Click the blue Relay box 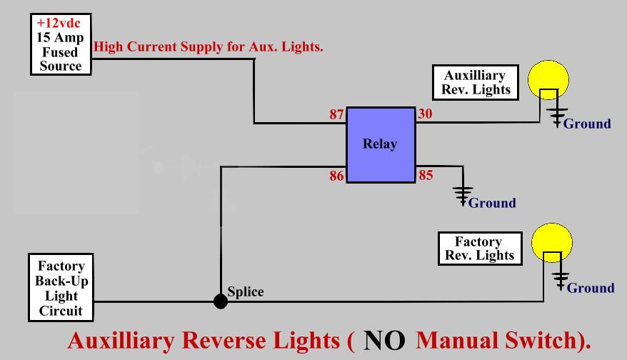tap(381, 144)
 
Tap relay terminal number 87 tap(336, 114)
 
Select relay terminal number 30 tap(425, 114)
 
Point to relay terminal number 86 tap(336, 176)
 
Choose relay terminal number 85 tap(426, 175)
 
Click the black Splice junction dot tap(221, 301)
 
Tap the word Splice tap(246, 291)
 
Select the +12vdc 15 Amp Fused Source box tap(61, 44)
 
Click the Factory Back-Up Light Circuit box tap(61, 288)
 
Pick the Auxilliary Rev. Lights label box tap(476, 82)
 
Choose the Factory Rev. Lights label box tap(478, 249)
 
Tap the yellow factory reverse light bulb tap(552, 242)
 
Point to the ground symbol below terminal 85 tap(463, 194)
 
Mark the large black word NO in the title tap(384, 341)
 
